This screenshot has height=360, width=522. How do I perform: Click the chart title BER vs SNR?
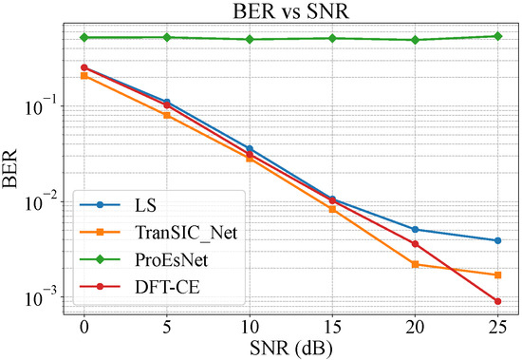pyautogui.click(x=290, y=11)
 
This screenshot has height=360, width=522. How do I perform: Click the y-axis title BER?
pyautogui.click(x=13, y=169)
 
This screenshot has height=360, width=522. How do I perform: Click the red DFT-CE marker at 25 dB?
pyautogui.click(x=498, y=301)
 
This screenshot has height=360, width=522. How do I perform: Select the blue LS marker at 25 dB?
pyautogui.click(x=498, y=240)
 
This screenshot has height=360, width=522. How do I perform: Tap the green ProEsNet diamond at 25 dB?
pyautogui.click(x=498, y=36)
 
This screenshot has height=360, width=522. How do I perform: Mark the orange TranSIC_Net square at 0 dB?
pyautogui.click(x=84, y=75)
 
